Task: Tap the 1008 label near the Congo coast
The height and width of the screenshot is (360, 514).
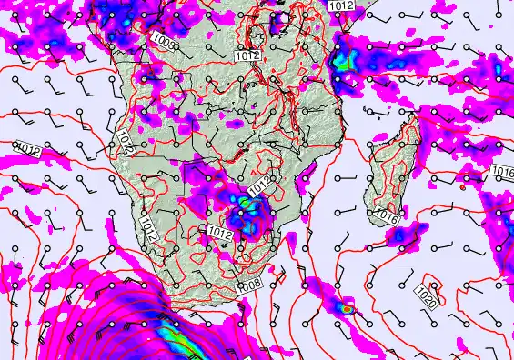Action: (165, 41)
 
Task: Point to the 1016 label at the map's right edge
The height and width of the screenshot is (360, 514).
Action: (503, 172)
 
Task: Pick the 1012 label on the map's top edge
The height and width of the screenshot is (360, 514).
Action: (341, 5)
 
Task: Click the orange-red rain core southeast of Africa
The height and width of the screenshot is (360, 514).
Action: (347, 309)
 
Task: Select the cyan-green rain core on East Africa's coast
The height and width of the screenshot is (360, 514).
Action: (343, 62)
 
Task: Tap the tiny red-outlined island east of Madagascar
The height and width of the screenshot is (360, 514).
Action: (463, 189)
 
